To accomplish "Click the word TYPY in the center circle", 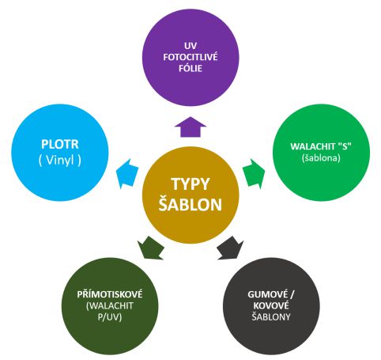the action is tap(190, 184).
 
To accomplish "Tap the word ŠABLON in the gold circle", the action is tap(190, 204).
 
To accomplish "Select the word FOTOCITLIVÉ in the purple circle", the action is tap(190, 57).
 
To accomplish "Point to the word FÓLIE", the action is tap(190, 68).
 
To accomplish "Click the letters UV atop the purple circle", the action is tap(190, 46).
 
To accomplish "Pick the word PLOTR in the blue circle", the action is tap(60, 144).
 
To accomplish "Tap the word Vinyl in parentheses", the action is tap(60, 160).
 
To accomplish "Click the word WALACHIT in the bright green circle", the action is tap(313, 146).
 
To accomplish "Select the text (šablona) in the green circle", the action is tap(321, 157).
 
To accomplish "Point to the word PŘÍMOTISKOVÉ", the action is tap(110, 294).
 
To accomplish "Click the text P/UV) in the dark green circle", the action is tap(110, 316).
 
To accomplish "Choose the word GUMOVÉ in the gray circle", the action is tap(268, 294).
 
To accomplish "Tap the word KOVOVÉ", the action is tap(271, 305).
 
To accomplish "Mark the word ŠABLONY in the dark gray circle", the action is tap(271, 316).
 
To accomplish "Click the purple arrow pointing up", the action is tap(190, 127).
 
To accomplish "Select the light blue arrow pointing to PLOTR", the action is tap(128, 173).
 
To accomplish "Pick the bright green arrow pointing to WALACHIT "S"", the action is tap(254, 173).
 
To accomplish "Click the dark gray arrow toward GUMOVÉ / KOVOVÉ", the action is tap(230, 248).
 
